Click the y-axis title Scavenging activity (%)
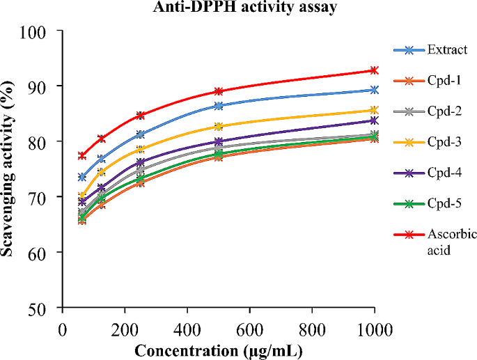click(9, 169)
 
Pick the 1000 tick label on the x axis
click(374, 327)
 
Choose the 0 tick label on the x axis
click(63, 327)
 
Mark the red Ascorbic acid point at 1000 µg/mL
click(375, 70)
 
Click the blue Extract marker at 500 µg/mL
click(219, 106)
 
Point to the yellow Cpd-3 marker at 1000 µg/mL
click(375, 110)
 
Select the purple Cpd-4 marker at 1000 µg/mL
click(375, 120)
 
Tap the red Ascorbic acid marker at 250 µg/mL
click(141, 115)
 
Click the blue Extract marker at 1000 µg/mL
click(375, 90)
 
